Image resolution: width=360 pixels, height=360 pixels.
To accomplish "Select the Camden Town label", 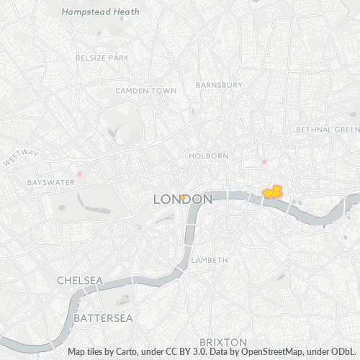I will coord(146,91).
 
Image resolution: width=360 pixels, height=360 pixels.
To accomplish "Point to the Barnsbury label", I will coord(219,84).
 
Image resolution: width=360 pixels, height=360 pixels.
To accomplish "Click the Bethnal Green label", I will coord(328,130).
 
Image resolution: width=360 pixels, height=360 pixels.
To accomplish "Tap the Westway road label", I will coord(20,159).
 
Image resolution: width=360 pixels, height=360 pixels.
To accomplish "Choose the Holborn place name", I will coord(209,156).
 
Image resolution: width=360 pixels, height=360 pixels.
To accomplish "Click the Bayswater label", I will coord(51,183).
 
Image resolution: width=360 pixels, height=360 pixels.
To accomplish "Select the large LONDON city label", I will coord(183,199).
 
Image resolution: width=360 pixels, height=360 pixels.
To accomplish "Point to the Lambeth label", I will coord(210,260).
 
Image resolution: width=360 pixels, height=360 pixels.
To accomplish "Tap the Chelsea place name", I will coord(81,279).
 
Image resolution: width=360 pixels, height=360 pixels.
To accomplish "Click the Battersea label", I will coord(99,317).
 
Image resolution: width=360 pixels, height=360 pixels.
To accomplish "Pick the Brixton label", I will coord(222,341).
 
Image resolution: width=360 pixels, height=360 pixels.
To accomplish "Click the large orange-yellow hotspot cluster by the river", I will coord(273,192).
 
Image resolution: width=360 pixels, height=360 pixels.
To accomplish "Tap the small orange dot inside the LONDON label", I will coord(184,197).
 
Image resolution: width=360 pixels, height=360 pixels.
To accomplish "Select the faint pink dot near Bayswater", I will coord(79,174).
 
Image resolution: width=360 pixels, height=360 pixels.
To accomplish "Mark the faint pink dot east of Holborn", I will coord(264,162).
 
